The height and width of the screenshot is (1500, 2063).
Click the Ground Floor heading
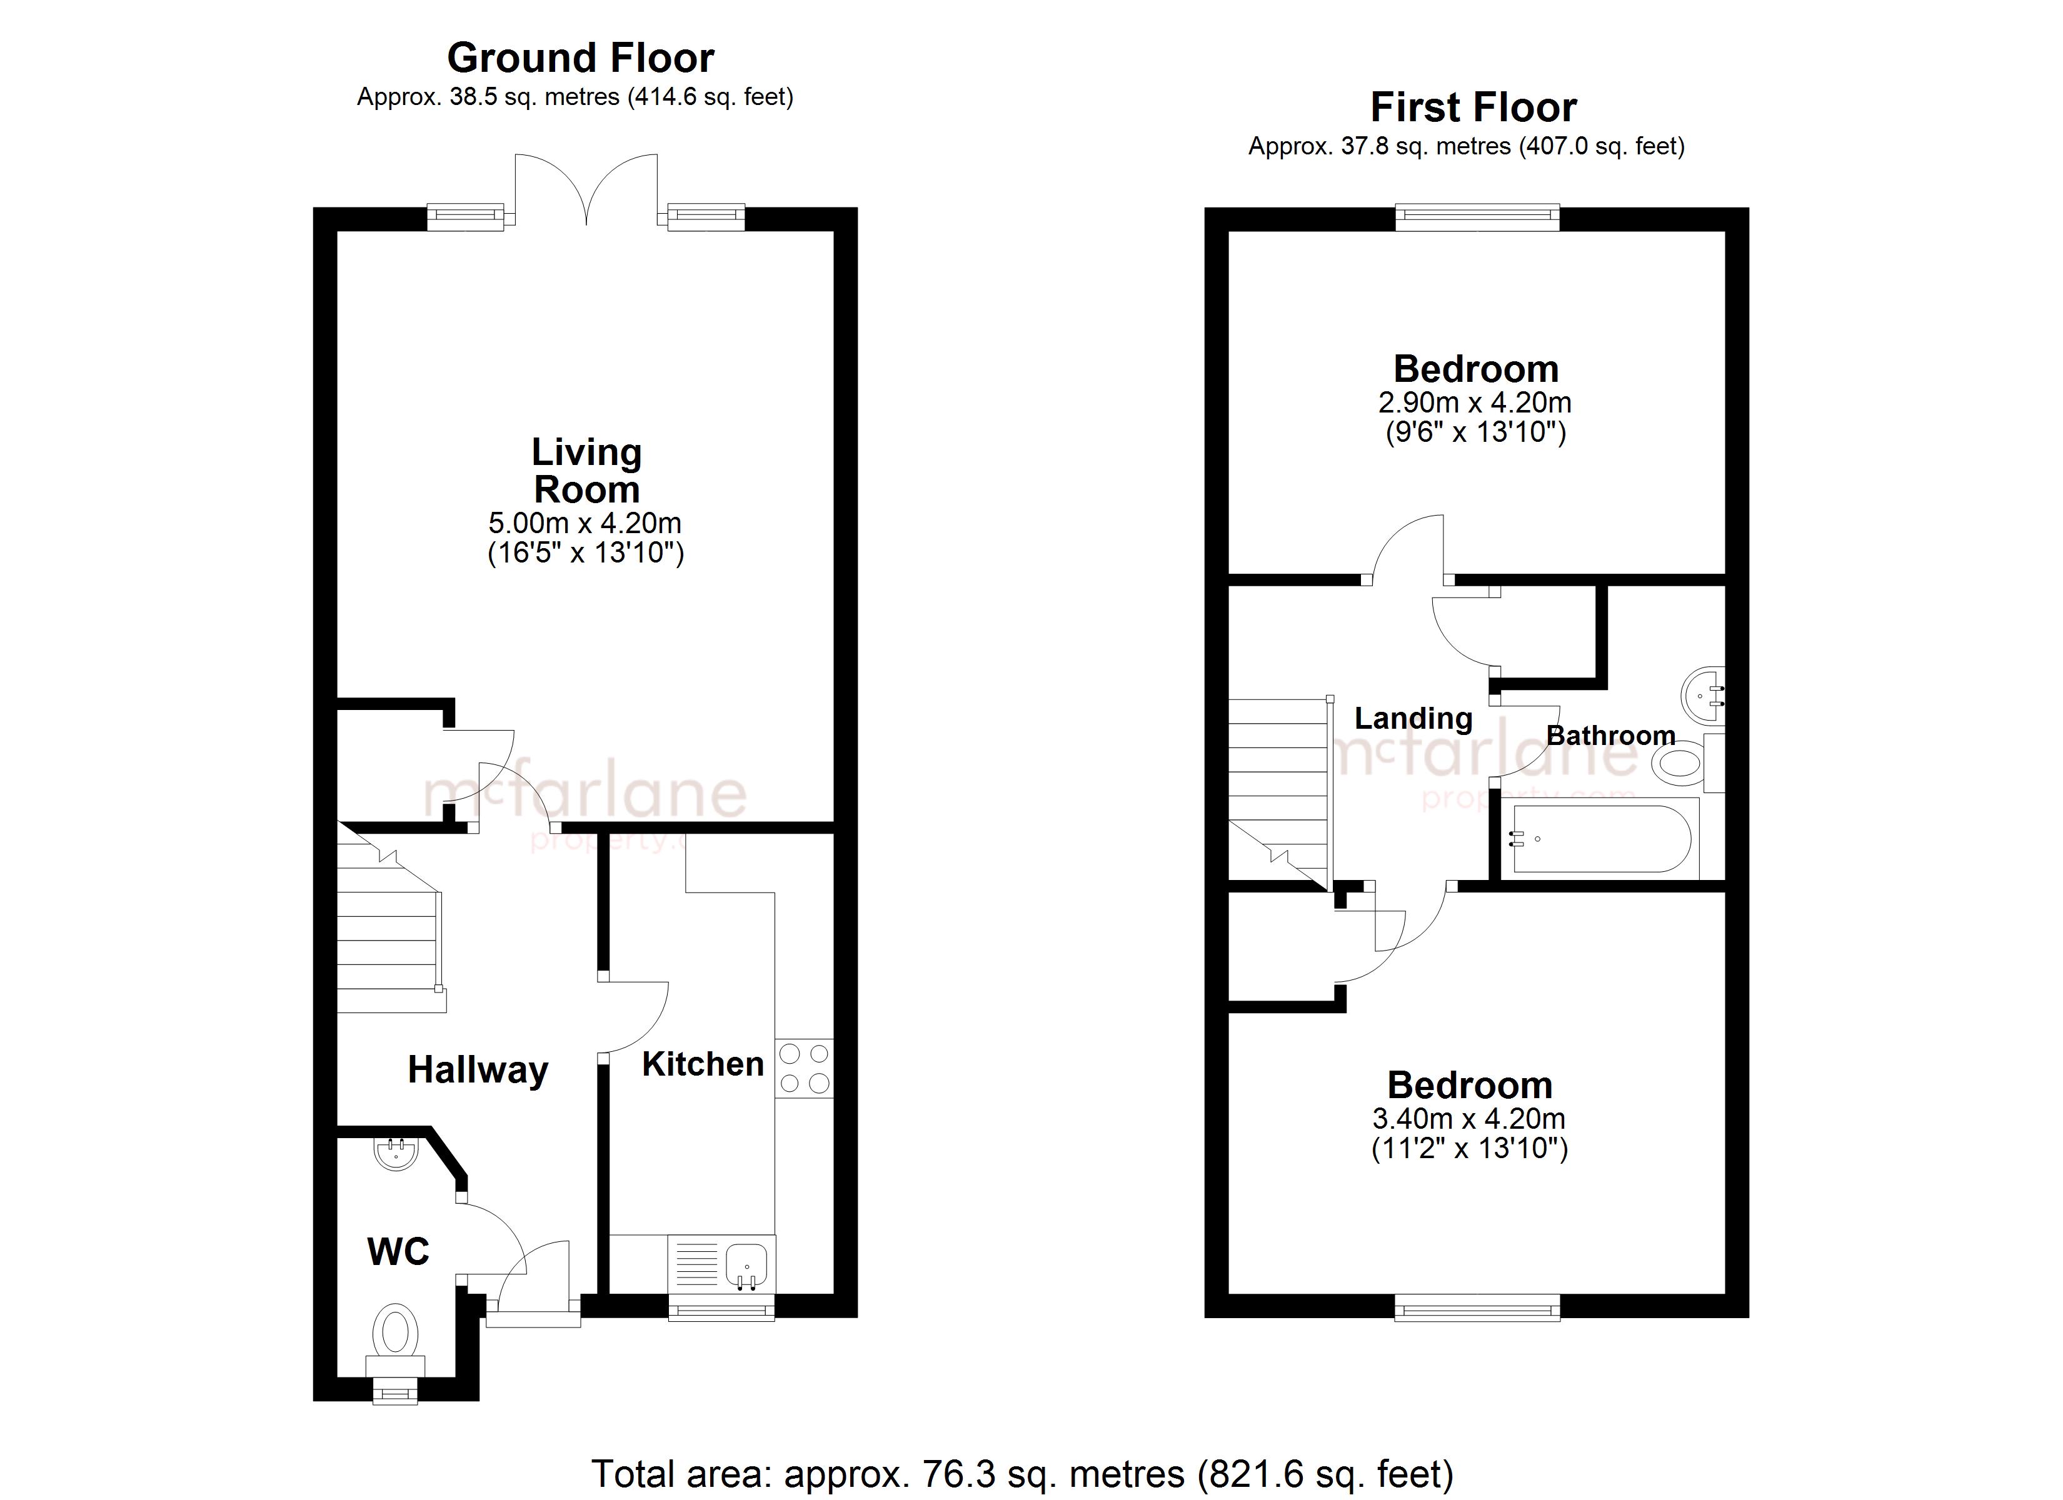(x=580, y=58)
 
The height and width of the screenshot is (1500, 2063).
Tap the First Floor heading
(x=1473, y=107)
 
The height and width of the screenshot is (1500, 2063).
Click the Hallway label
(x=478, y=1070)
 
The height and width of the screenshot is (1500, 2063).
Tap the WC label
(x=398, y=1252)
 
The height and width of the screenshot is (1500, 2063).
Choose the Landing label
(x=1413, y=719)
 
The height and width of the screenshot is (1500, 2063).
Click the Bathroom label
(x=1611, y=735)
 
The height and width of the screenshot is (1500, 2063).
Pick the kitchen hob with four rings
(x=804, y=1068)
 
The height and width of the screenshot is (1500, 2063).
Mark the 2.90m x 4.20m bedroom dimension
(x=1475, y=402)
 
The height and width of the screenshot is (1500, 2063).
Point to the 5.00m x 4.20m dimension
(x=585, y=523)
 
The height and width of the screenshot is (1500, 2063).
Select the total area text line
(x=1022, y=1474)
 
